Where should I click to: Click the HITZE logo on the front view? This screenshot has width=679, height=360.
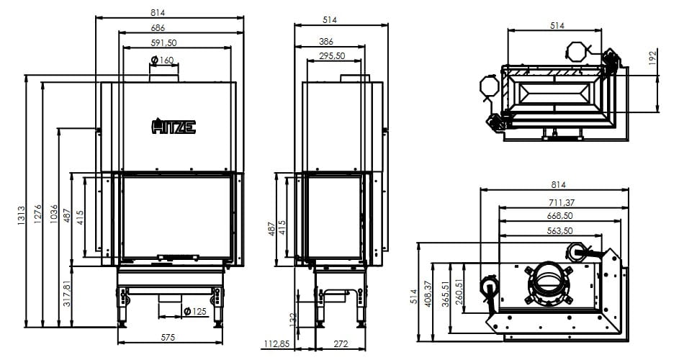pyautogui.click(x=174, y=126)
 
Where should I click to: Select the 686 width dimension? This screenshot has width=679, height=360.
pyautogui.click(x=158, y=28)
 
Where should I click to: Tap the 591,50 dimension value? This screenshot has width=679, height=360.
pyautogui.click(x=163, y=43)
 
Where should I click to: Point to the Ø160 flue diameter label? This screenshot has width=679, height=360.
pyautogui.click(x=163, y=60)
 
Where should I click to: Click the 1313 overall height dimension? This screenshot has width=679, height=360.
pyautogui.click(x=21, y=215)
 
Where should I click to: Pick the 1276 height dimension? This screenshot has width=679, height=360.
pyautogui.click(x=37, y=214)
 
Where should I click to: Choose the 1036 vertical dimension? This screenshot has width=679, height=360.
pyautogui.click(x=54, y=214)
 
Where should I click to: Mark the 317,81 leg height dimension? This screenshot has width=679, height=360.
pyautogui.click(x=67, y=293)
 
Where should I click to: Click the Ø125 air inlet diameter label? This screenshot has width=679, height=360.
pyautogui.click(x=195, y=312)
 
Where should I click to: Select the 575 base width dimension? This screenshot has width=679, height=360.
pyautogui.click(x=168, y=338)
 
